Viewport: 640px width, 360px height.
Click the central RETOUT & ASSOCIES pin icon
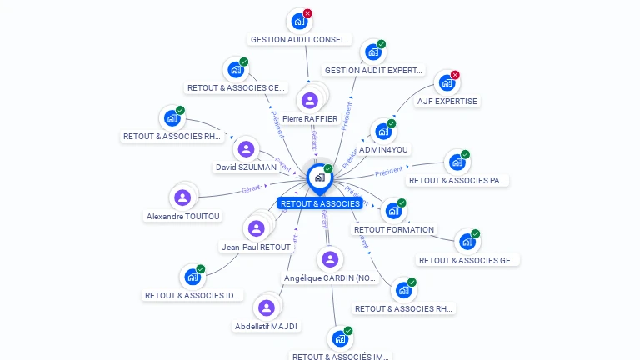pyautogui.click(x=319, y=177)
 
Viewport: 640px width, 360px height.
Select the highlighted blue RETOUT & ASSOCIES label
pyautogui.click(x=320, y=203)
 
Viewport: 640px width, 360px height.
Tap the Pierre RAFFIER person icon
pyautogui.click(x=310, y=101)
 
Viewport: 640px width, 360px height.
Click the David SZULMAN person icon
pyautogui.click(x=246, y=149)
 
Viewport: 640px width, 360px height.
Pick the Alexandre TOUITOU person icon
pyautogui.click(x=182, y=197)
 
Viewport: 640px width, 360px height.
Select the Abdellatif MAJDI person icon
pyautogui.click(x=267, y=307)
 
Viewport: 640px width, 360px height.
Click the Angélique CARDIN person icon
pyautogui.click(x=331, y=259)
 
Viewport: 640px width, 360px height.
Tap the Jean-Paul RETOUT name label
pyautogui.click(x=256, y=247)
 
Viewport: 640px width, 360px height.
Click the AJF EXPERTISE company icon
pyautogui.click(x=447, y=83)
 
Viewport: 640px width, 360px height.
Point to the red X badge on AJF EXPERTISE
pyautogui.click(x=455, y=75)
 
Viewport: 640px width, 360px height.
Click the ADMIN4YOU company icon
pyautogui.click(x=382, y=131)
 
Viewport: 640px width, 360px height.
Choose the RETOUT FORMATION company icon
pyautogui.click(x=392, y=211)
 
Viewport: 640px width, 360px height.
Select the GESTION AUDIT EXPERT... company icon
pyautogui.click(x=372, y=52)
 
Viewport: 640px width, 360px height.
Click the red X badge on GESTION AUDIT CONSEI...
pyautogui.click(x=307, y=13)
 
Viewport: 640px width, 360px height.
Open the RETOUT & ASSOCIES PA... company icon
pyautogui.click(x=457, y=162)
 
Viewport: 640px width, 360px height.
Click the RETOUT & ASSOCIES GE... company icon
pyautogui.click(x=467, y=241)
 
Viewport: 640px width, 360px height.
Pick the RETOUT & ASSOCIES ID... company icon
pyautogui.click(x=192, y=277)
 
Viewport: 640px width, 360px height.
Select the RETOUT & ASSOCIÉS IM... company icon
pyautogui.click(x=339, y=338)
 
